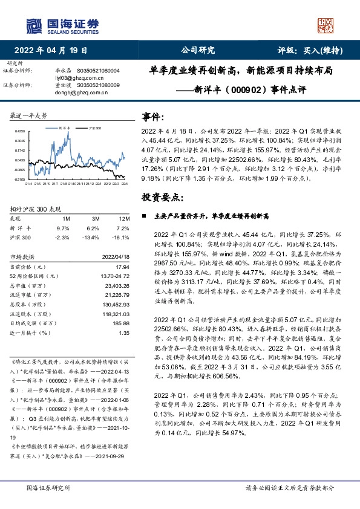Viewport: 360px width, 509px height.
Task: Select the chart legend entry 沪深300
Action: coord(94,128)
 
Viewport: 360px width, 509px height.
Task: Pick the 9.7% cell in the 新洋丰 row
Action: coord(63,228)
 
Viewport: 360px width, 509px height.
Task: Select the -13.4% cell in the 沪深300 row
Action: coord(92,238)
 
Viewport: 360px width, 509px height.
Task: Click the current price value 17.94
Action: coord(123,267)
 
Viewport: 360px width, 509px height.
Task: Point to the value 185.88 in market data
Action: coord(122,323)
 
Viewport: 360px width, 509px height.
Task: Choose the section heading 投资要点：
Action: coord(162,197)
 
